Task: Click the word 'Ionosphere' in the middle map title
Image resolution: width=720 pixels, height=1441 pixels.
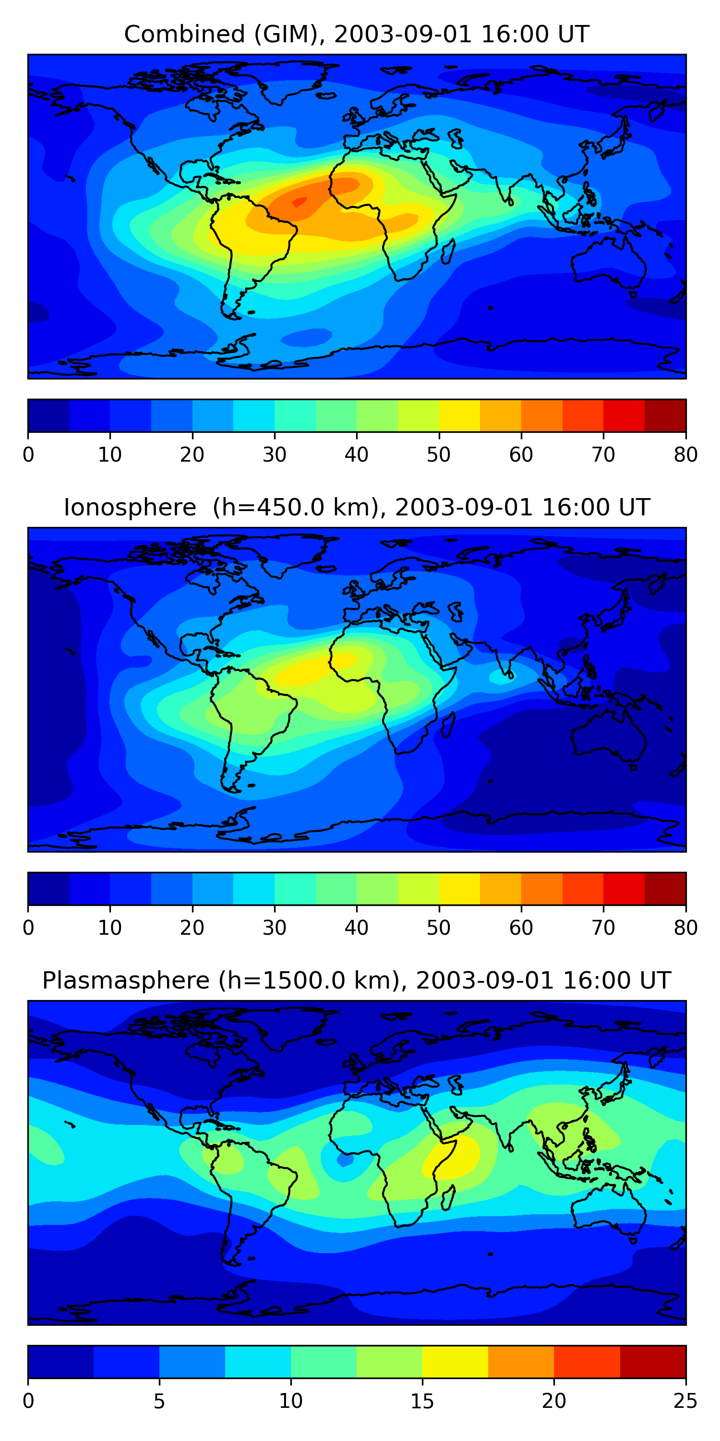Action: [x=130, y=507]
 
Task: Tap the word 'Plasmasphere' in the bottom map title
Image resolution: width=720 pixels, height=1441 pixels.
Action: [x=126, y=981]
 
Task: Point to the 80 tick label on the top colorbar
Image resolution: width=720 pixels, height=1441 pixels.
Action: [x=685, y=455]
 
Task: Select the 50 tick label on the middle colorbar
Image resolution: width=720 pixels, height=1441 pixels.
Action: [x=439, y=928]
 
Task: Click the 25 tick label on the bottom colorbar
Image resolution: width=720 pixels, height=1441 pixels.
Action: [x=685, y=1401]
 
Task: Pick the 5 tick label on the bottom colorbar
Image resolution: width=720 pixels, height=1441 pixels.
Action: [x=159, y=1401]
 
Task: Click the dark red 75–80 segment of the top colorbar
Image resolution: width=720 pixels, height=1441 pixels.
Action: [x=665, y=415]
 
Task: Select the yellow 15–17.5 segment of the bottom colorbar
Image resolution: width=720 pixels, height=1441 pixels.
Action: [x=455, y=1362]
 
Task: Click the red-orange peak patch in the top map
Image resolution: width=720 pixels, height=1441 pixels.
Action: [x=299, y=202]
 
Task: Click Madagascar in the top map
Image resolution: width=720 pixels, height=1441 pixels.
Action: [x=447, y=252]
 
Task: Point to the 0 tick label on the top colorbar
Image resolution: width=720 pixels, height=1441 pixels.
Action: [x=28, y=455]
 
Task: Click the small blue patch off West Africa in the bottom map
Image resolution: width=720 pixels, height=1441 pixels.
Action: [x=344, y=1161]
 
